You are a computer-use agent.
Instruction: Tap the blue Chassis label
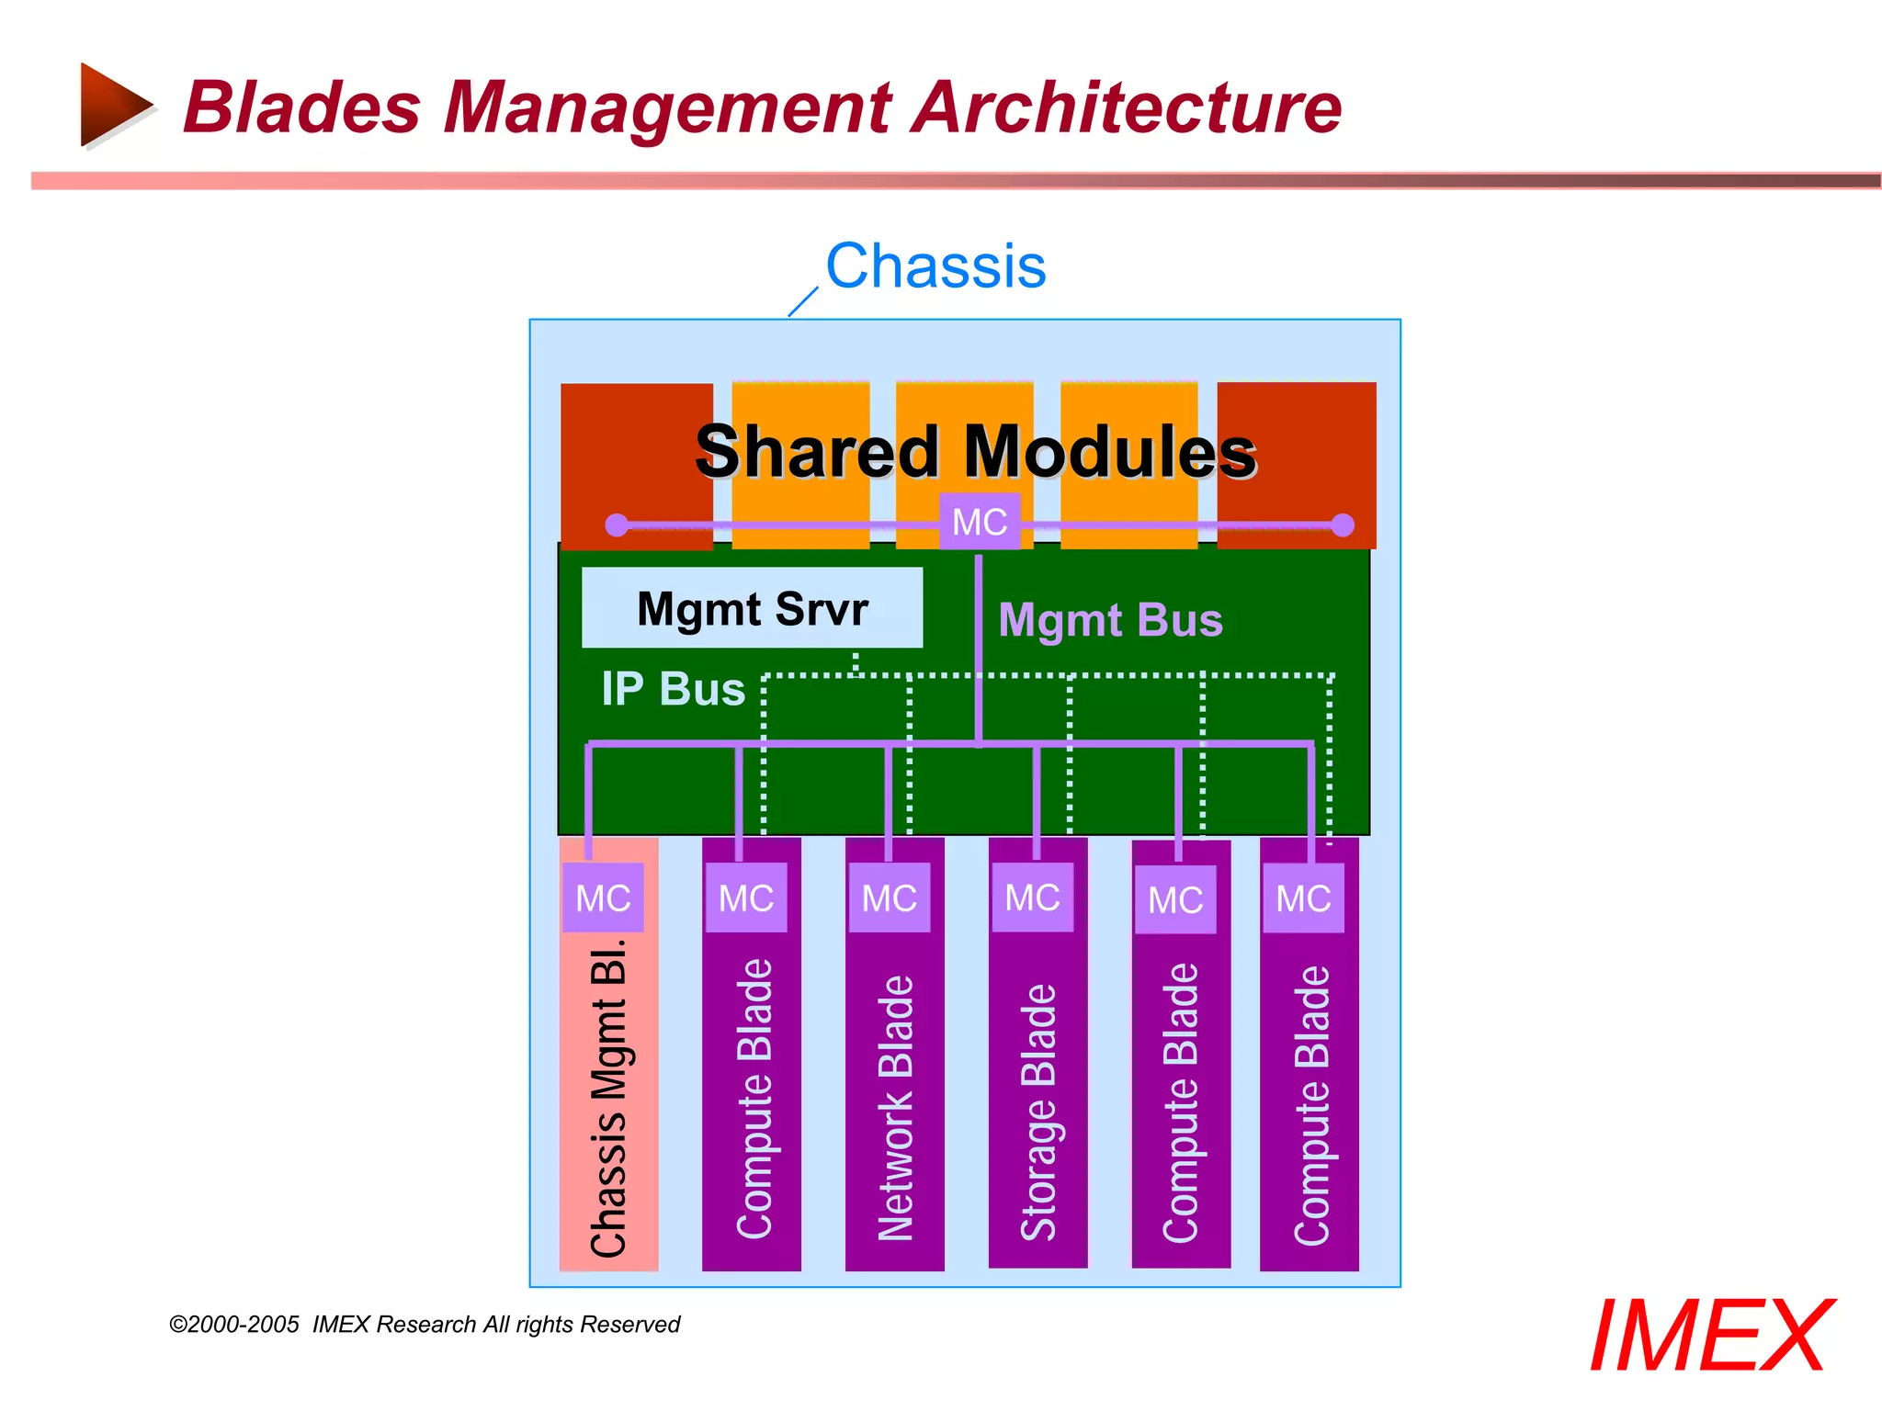[935, 266]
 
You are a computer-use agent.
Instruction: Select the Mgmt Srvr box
[752, 608]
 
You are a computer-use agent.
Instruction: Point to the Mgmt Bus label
[1110, 620]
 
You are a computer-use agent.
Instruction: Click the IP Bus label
[673, 689]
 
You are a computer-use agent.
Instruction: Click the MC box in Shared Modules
[979, 522]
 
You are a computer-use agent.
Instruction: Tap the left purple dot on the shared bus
[617, 525]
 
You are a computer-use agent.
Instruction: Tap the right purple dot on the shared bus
[1343, 525]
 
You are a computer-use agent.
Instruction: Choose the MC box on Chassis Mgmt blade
[603, 897]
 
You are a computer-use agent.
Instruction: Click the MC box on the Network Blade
[889, 897]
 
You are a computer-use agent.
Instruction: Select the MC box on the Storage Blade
[1032, 897]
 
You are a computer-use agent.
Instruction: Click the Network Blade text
[895, 1107]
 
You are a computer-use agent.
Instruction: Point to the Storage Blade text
[1038, 1112]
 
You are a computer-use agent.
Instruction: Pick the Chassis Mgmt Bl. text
[608, 1098]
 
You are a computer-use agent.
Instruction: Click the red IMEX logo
[1709, 1337]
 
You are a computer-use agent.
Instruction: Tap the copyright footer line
[425, 1325]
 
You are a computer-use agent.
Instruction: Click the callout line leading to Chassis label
[803, 301]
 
